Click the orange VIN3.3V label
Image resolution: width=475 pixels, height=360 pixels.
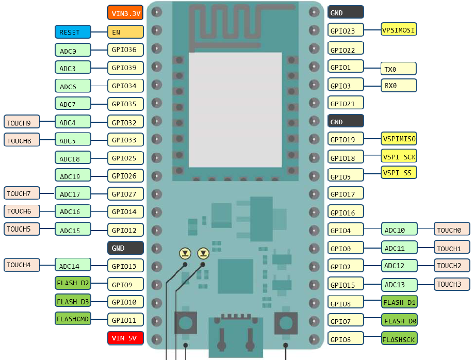coord(125,13)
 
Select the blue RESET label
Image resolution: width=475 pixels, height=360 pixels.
coord(73,32)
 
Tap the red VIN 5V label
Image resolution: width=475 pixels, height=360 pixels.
coord(125,338)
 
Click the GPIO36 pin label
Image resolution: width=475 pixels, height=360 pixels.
coord(125,50)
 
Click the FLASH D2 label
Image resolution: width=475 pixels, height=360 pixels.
coord(73,283)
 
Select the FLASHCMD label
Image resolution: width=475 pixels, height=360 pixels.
coord(73,319)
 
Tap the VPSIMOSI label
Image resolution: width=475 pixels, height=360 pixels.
coord(399,30)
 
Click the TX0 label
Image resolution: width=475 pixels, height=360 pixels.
coord(399,69)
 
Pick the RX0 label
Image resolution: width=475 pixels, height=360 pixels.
coord(399,86)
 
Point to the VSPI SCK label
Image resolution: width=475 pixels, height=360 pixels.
coord(399,156)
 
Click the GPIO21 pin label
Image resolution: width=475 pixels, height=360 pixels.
coord(346,103)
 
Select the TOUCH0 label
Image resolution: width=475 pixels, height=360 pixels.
coord(452,230)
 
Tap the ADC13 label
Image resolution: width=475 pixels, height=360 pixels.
coord(399,284)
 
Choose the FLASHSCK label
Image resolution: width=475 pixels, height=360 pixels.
coord(399,339)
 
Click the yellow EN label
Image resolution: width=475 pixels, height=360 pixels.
coord(125,32)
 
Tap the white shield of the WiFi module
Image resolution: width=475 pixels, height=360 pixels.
coord(236,109)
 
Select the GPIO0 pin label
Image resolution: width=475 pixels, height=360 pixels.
coord(346,248)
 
